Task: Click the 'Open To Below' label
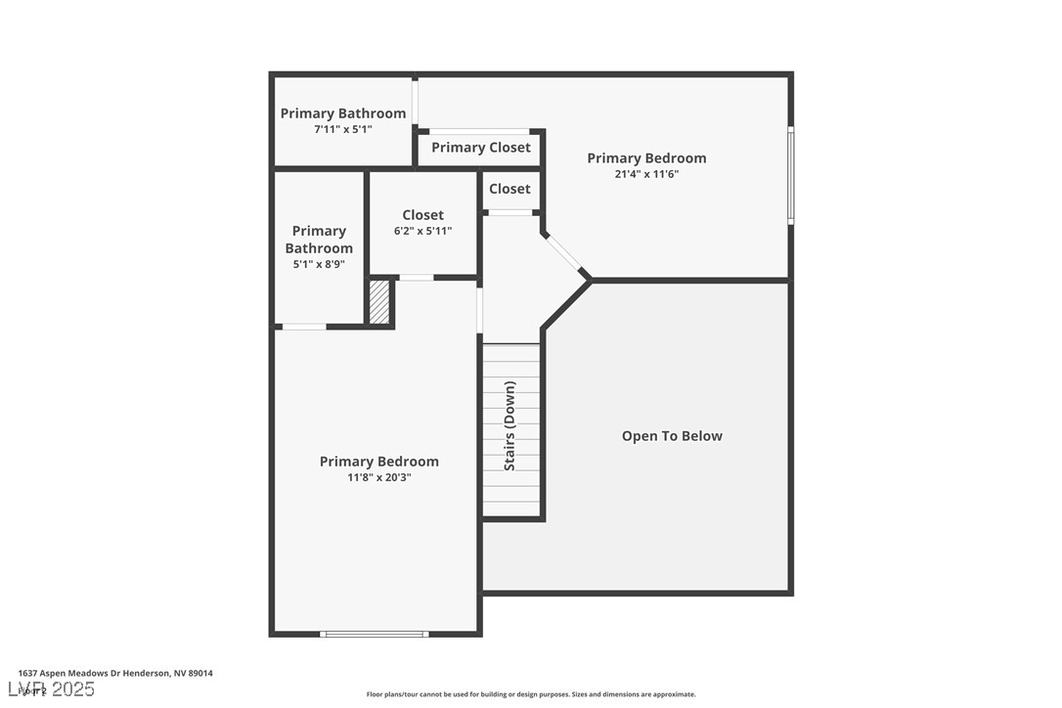[x=672, y=436]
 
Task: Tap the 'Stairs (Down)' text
[x=509, y=426]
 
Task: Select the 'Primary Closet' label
[x=480, y=148]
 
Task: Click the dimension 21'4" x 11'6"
[x=646, y=174]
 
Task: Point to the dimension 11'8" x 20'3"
[x=378, y=477]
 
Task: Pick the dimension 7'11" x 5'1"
[x=342, y=129]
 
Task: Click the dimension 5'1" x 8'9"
[x=319, y=264]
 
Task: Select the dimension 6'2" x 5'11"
[x=422, y=231]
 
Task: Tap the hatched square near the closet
[x=379, y=303]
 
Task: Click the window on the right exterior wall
[x=790, y=176]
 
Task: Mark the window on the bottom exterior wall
[x=375, y=634]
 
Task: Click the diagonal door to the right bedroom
[x=564, y=252]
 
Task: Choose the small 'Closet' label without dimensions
[x=509, y=189]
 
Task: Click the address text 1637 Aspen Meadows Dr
[x=115, y=673]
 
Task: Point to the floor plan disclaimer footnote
[x=531, y=694]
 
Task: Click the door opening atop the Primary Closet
[x=479, y=131]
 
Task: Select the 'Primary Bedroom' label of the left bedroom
[x=378, y=462]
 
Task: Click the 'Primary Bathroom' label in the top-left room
[x=342, y=113]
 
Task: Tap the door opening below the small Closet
[x=509, y=212]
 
